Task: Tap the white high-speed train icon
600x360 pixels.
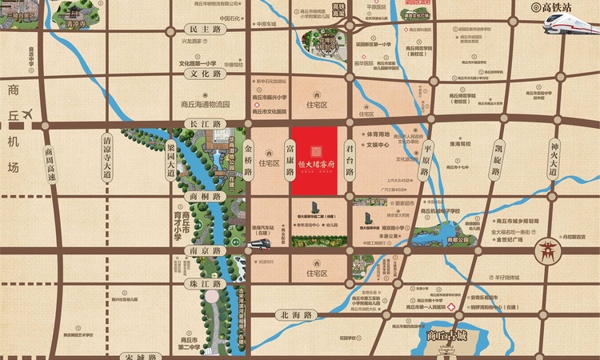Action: pyautogui.click(x=569, y=24)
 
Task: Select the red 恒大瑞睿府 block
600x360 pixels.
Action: pyautogui.click(x=318, y=159)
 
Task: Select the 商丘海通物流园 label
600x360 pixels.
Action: pyautogui.click(x=205, y=104)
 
